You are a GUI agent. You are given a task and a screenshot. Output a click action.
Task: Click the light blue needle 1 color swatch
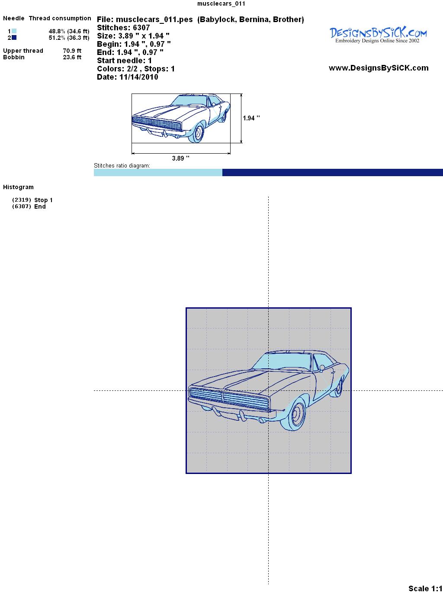(x=14, y=31)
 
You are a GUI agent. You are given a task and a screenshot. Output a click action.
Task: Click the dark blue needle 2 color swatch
(x=14, y=38)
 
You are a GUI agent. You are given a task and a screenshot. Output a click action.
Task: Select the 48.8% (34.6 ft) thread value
(x=69, y=31)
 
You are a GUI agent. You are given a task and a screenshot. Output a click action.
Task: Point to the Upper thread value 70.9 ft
(x=72, y=51)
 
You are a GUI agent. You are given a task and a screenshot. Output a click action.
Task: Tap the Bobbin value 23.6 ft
(x=72, y=57)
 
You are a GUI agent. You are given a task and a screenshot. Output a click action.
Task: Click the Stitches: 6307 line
(x=123, y=28)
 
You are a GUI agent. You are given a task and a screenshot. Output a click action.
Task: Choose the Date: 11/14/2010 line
(x=128, y=77)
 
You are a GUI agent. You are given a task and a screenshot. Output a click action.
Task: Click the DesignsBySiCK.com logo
(x=378, y=35)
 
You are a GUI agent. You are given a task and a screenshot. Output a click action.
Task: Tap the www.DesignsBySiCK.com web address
(x=379, y=68)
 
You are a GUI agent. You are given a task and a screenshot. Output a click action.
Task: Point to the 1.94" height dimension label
(x=251, y=118)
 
